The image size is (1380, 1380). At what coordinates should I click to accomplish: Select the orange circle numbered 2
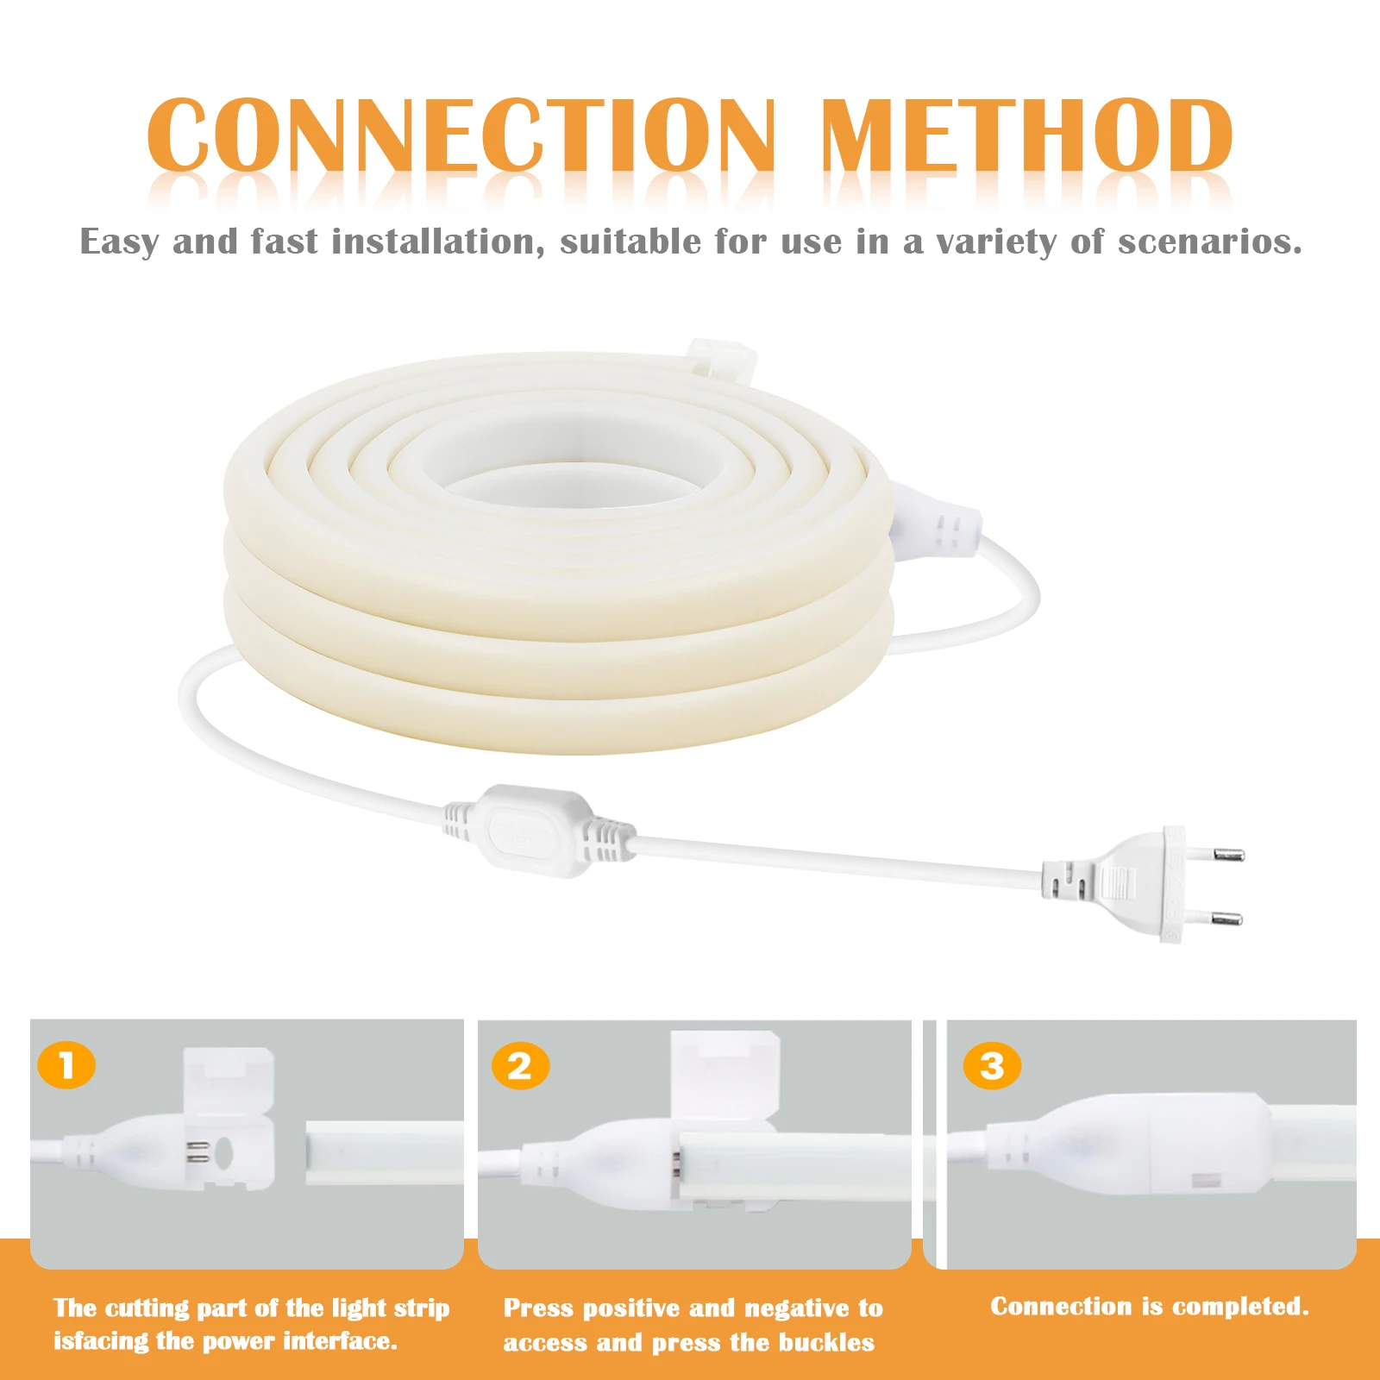point(520,1066)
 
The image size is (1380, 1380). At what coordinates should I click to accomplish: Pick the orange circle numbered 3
point(992,1066)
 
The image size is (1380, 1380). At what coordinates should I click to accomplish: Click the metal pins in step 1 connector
point(198,1151)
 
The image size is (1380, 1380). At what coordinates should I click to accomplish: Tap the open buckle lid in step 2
point(724,1074)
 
